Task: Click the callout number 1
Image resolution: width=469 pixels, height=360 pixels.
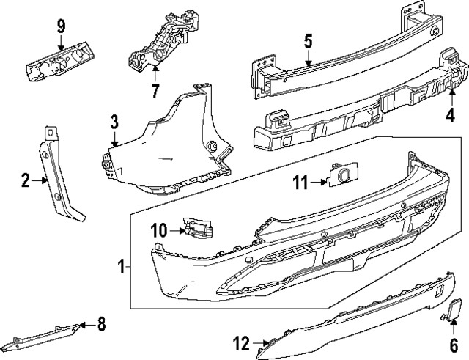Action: coord(122,267)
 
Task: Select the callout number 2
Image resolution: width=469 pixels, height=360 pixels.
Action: coord(26,178)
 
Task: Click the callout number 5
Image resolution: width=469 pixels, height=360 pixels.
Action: coord(309,40)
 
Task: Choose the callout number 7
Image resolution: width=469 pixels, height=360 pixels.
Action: coord(155,91)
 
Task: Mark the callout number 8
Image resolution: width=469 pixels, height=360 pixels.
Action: coord(101,322)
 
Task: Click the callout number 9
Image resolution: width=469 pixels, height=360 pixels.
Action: coord(61,27)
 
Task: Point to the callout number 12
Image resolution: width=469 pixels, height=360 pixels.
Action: coord(240,342)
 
